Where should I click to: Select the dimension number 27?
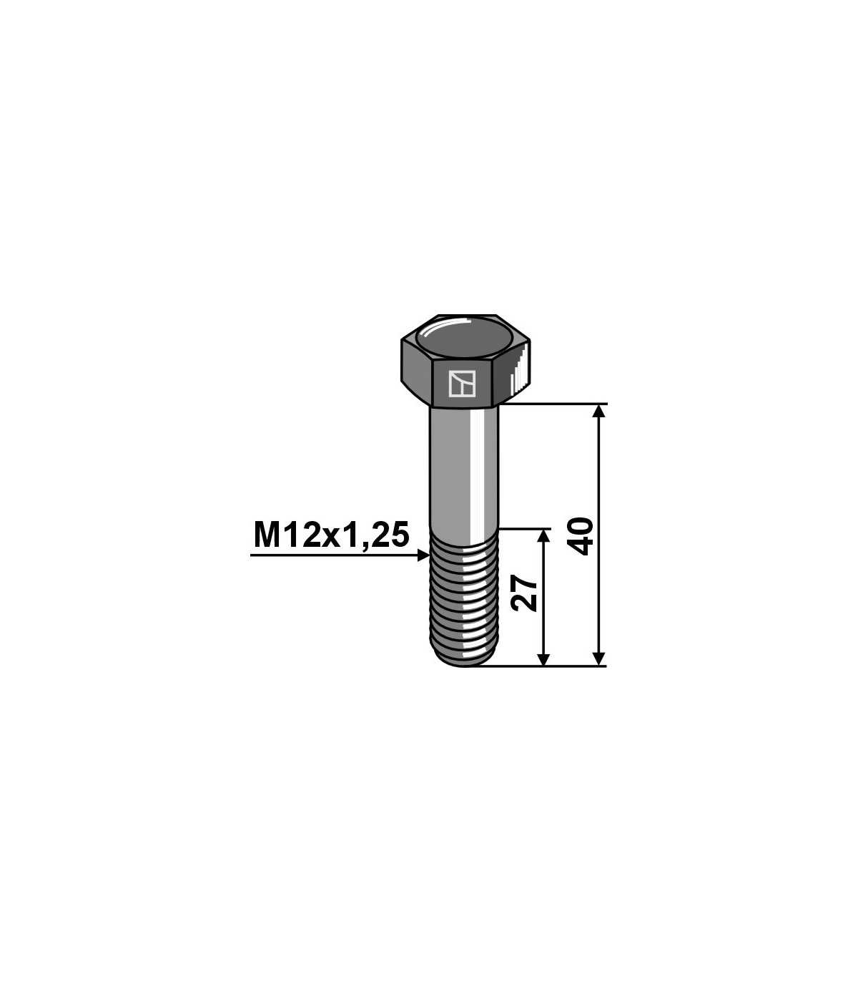tap(524, 593)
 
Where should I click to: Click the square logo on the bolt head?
tap(462, 384)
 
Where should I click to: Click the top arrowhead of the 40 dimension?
tap(598, 412)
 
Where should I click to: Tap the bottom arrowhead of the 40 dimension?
tap(598, 659)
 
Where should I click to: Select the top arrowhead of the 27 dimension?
tap(543, 535)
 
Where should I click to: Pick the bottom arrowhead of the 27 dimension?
tap(543, 659)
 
